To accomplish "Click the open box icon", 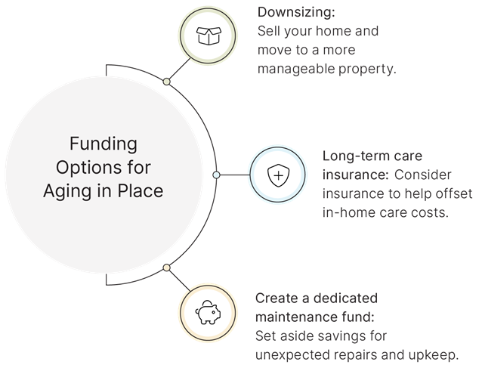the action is coord(209,36).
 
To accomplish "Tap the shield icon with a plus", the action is coord(278,175).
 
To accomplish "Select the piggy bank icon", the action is coord(208,313).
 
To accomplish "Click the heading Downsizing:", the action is coord(296,12).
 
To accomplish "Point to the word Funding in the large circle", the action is coord(104,144).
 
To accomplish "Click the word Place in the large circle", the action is coord(141,191).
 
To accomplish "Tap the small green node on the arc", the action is coord(167,82).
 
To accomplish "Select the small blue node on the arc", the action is coord(216,175).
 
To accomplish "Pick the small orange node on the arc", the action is coord(167,267).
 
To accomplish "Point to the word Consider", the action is coord(423,175).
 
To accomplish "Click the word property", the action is coord(367,69).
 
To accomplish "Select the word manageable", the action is coord(296,69).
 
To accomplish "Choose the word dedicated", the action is coord(345,298).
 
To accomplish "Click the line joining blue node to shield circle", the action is coord(235,175).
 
